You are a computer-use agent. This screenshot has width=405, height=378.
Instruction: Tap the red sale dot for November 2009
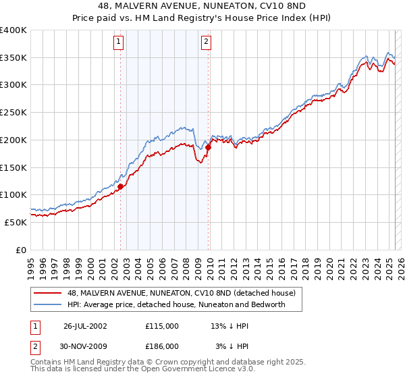(x=209, y=147)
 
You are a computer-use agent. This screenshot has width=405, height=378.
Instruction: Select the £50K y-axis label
(x=16, y=221)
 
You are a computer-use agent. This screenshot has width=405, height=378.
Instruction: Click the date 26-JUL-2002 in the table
(x=84, y=325)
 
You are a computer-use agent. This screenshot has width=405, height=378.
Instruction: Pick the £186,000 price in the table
(x=162, y=346)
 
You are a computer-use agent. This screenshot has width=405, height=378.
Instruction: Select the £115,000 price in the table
(x=162, y=325)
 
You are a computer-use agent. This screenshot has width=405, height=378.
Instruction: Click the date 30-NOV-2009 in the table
(x=84, y=346)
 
